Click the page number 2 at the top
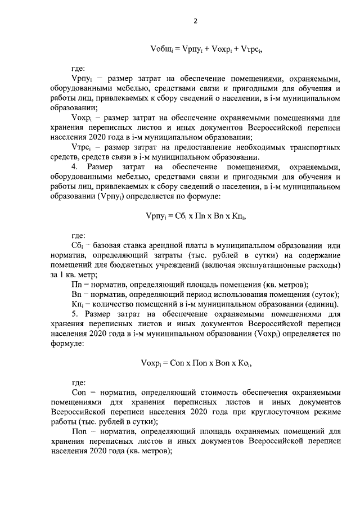click(195, 21)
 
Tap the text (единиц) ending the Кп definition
click(327, 304)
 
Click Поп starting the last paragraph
click(79, 431)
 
